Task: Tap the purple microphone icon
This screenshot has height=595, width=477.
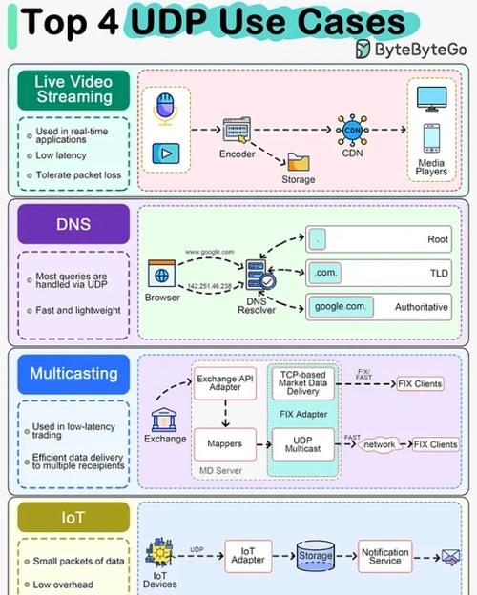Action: coord(163,109)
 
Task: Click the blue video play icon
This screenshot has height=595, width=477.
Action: coord(163,153)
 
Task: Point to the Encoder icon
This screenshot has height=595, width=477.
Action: coord(237,131)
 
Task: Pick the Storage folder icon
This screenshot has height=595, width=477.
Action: coord(298,163)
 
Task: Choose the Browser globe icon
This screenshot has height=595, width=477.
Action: coord(162,274)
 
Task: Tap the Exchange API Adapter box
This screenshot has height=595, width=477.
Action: coord(226,383)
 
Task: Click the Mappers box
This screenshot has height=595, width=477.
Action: coord(226,443)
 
